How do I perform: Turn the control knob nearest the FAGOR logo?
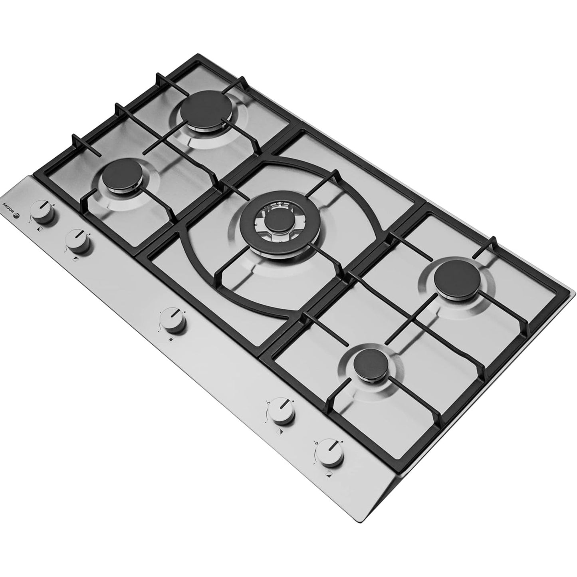click(x=42, y=212)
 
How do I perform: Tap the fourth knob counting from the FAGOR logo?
click(x=281, y=410)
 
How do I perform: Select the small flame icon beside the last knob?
click(x=316, y=443)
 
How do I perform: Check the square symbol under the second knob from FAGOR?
click(x=76, y=259)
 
